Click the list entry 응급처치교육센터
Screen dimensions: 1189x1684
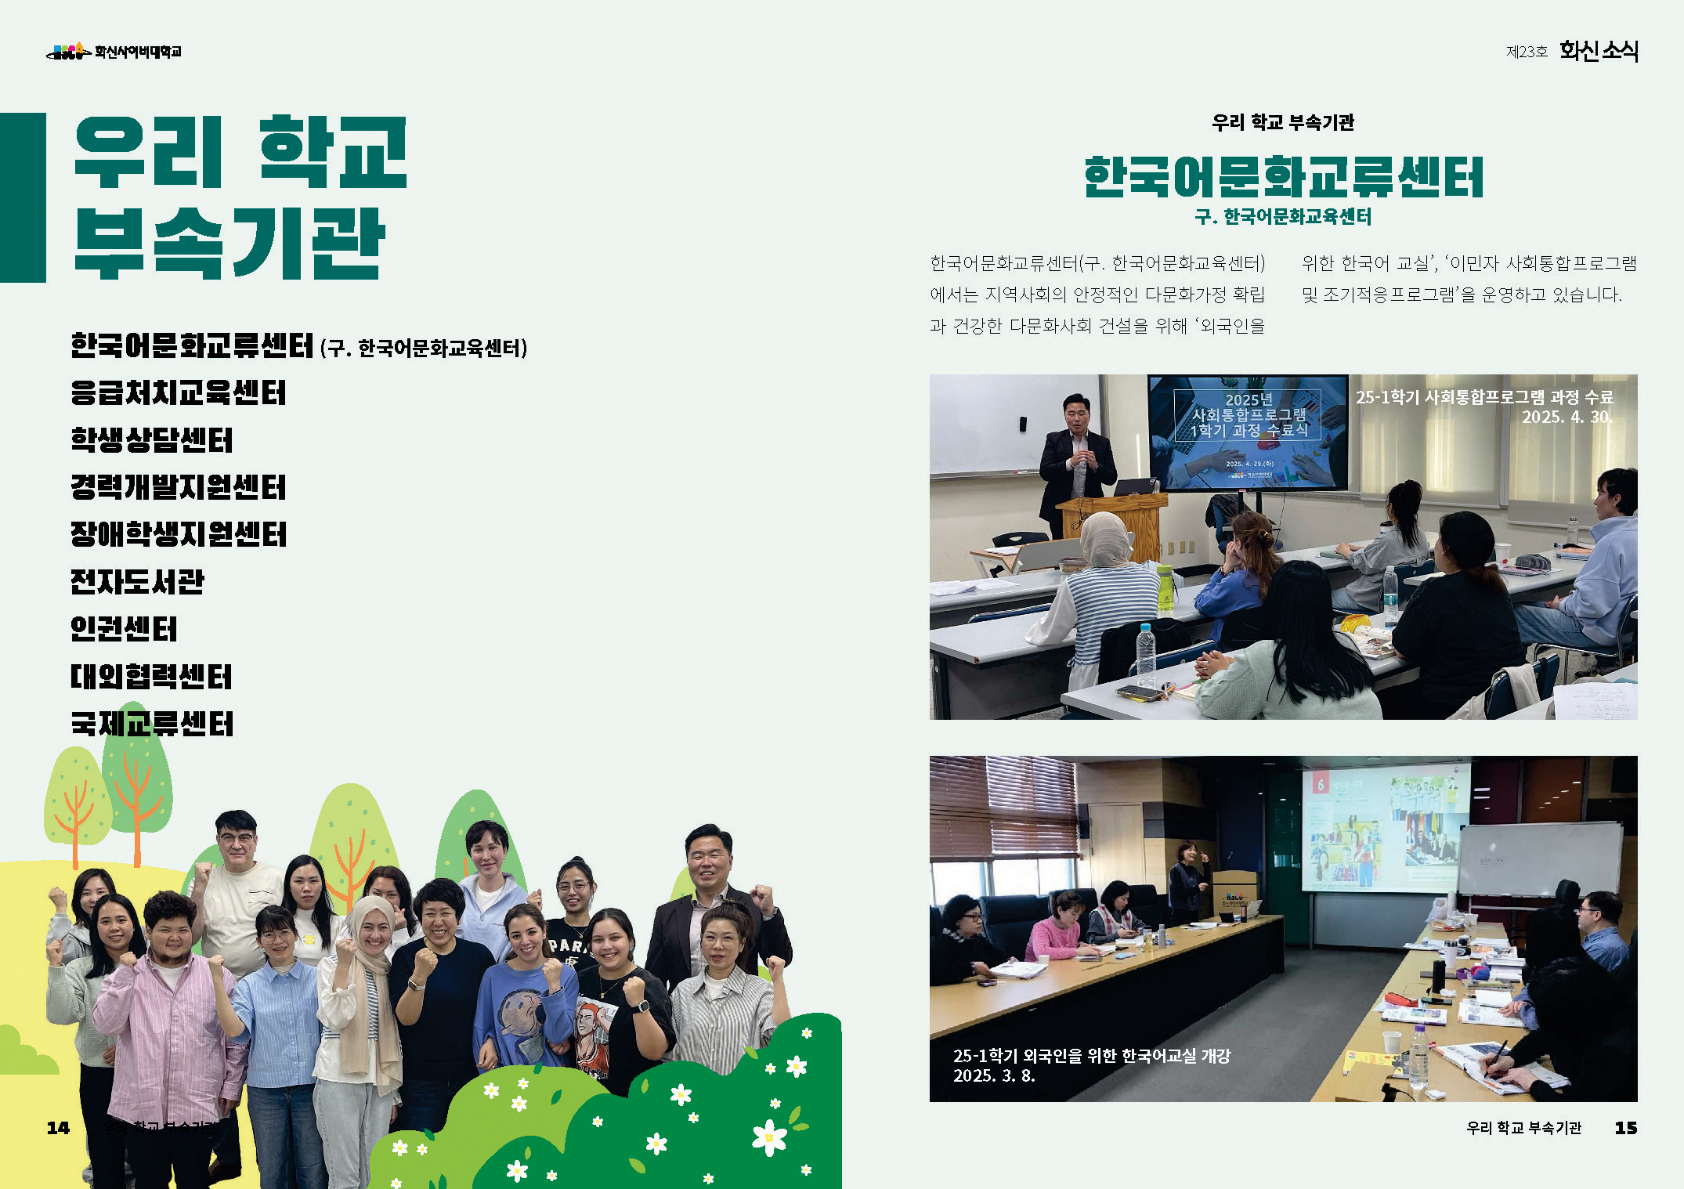tap(179, 393)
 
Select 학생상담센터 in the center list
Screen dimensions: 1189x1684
tap(152, 440)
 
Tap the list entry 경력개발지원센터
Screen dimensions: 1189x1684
tap(179, 487)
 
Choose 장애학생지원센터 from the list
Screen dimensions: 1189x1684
tap(179, 535)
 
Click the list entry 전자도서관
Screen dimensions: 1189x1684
tap(137, 582)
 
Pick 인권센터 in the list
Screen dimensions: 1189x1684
tap(124, 629)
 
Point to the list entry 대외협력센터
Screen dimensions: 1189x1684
tap(151, 677)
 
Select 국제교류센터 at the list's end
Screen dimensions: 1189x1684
tap(152, 724)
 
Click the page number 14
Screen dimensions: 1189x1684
tap(58, 1128)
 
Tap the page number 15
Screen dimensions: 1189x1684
tap(1625, 1128)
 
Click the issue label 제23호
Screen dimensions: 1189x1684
tap(1527, 52)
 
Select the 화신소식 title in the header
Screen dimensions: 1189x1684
tap(1599, 51)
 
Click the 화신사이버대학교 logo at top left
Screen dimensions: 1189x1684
tap(114, 52)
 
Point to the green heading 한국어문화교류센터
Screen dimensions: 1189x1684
tap(1283, 177)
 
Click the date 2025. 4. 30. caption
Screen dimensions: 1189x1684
tap(1567, 417)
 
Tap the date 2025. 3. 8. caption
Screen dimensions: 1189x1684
tap(994, 1076)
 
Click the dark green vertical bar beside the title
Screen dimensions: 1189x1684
tap(23, 197)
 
